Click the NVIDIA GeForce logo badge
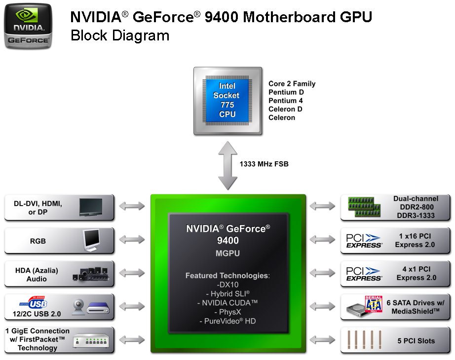coord(28,26)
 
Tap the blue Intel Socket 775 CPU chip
coord(227,101)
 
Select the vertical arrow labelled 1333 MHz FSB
coord(227,165)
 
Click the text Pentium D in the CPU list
coord(286,92)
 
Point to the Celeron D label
coord(285,109)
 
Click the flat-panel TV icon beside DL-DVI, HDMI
coord(91,207)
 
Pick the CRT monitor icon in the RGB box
coord(91,240)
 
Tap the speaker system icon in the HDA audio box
coord(90,274)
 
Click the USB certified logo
coord(34,303)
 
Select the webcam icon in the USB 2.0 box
coord(78,307)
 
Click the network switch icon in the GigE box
coord(91,341)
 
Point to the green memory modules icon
coord(364,207)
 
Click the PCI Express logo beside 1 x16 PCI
coord(364,241)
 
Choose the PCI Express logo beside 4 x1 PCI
coord(364,274)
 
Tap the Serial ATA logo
coord(374,304)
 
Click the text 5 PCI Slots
coord(416,341)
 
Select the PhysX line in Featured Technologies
coord(228,312)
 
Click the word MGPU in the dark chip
coord(227,253)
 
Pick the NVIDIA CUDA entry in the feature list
coord(227,303)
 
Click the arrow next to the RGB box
coord(132,240)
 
